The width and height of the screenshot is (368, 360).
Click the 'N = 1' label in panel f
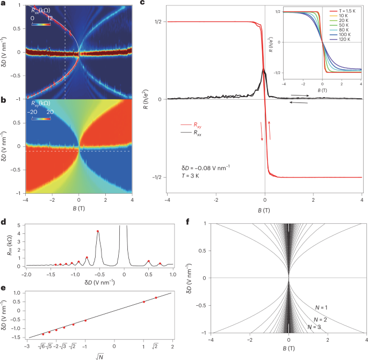(320, 307)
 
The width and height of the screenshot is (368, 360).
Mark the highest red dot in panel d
(97, 231)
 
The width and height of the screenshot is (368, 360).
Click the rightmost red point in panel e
(156, 298)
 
